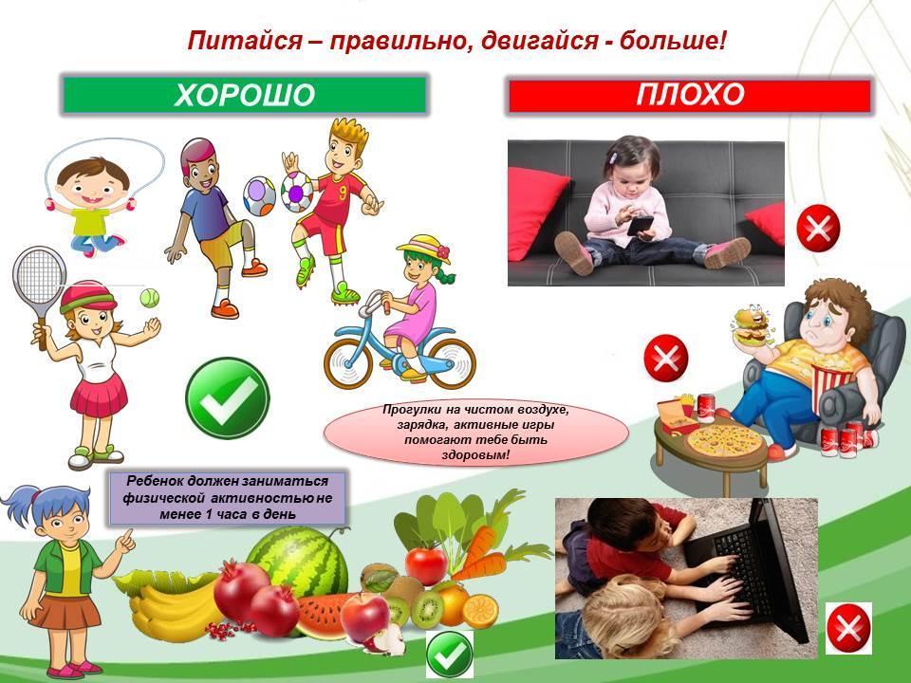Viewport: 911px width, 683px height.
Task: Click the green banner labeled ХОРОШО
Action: click(x=244, y=95)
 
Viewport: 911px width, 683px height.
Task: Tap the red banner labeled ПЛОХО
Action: click(x=690, y=95)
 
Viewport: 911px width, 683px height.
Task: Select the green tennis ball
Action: click(x=149, y=299)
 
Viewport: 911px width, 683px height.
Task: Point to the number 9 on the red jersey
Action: click(x=343, y=193)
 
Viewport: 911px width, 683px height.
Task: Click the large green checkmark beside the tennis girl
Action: click(x=228, y=397)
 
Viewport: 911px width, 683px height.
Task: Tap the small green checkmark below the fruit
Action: click(x=449, y=655)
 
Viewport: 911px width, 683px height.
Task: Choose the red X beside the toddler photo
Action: click(x=818, y=229)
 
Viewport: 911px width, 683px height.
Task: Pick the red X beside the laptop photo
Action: click(x=848, y=628)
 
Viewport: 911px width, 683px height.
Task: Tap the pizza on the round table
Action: click(x=724, y=441)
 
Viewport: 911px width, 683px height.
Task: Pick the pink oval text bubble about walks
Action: click(x=476, y=433)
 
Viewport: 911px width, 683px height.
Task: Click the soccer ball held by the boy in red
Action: click(x=297, y=191)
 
